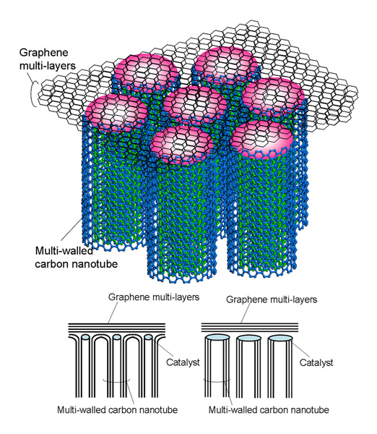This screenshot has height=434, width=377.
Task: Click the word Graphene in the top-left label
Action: pyautogui.click(x=43, y=53)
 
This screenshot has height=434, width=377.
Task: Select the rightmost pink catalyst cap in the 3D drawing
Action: pyautogui.click(x=273, y=96)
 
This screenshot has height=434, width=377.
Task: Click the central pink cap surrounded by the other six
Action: pyautogui.click(x=195, y=106)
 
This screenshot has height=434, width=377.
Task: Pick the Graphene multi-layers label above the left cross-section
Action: pyautogui.click(x=154, y=297)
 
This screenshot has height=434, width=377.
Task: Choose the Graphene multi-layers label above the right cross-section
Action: pyautogui.click(x=272, y=299)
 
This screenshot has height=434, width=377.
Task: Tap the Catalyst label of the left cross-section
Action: pyautogui.click(x=183, y=362)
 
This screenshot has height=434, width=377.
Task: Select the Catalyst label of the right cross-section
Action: pyautogui.click(x=316, y=362)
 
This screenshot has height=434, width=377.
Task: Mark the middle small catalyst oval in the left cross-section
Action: pyautogui.click(x=116, y=337)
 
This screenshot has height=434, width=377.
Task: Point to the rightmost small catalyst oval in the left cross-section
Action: pyautogui.click(x=149, y=337)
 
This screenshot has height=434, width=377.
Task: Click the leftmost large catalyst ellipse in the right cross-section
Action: pyautogui.click(x=217, y=338)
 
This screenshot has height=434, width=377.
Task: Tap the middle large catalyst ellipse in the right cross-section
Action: pyautogui.click(x=248, y=338)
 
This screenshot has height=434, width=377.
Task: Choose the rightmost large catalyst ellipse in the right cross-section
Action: pyautogui.click(x=280, y=338)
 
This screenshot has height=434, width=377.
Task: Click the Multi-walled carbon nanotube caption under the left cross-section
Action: pyautogui.click(x=118, y=409)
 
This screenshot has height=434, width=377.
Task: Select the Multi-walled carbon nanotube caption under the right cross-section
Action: pyautogui.click(x=269, y=409)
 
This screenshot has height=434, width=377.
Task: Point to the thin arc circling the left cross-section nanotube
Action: pyautogui.click(x=116, y=383)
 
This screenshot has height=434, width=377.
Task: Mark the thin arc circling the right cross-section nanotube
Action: pyautogui.click(x=217, y=382)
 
